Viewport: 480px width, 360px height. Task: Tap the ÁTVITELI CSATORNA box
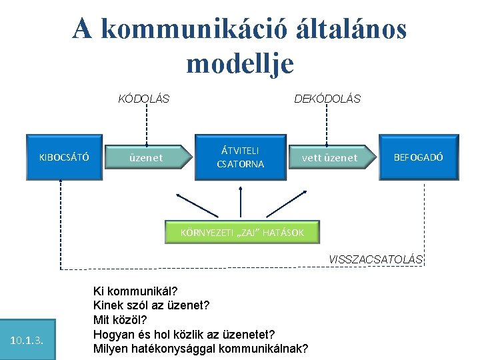point(241,157)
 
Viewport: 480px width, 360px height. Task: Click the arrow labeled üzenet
point(147,158)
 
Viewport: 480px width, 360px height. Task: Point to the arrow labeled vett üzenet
point(330,158)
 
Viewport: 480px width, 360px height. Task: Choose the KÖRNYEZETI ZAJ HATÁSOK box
point(243,233)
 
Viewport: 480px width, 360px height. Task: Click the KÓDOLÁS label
point(143,99)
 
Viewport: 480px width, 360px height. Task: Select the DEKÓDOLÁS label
point(327,99)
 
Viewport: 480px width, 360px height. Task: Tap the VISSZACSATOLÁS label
point(376,259)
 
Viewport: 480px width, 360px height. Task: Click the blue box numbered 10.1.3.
point(27,341)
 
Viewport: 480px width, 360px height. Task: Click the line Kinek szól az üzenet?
point(151,305)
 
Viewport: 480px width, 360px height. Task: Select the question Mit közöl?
point(120,319)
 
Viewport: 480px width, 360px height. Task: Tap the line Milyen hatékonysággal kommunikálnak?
point(201,348)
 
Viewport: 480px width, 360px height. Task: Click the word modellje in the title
point(240,63)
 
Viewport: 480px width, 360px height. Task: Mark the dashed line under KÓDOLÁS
point(146,125)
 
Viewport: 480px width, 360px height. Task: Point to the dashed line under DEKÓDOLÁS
point(326,125)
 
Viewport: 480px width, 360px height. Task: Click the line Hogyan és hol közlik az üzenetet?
point(184,333)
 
